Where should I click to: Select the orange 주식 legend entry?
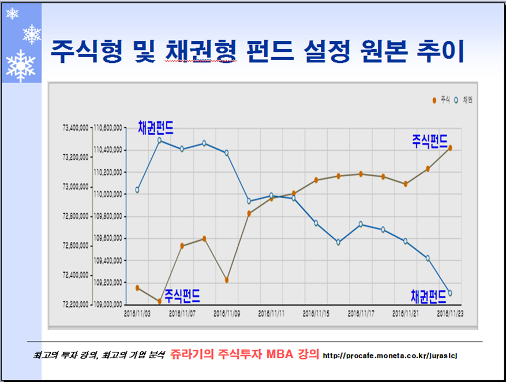pyautogui.click(x=441, y=101)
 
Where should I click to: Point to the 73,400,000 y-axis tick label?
pyautogui.click(x=75, y=127)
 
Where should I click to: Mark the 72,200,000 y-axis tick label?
pyautogui.click(x=75, y=304)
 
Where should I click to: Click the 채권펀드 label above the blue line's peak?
pyautogui.click(x=156, y=128)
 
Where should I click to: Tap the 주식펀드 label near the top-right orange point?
pyautogui.click(x=430, y=140)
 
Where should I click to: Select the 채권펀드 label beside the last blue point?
pyautogui.click(x=428, y=296)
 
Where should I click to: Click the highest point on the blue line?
pyautogui.click(x=159, y=140)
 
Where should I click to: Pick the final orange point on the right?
pyautogui.click(x=450, y=148)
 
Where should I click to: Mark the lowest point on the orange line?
pyautogui.click(x=159, y=301)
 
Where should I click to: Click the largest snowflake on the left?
pyautogui.click(x=20, y=65)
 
